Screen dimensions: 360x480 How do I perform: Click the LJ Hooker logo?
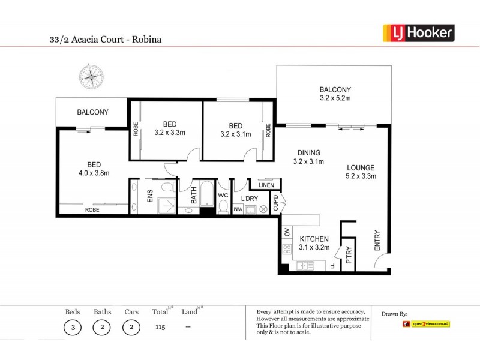418,33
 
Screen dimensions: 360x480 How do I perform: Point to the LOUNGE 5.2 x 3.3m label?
360,172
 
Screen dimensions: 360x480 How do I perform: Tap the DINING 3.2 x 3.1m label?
308,157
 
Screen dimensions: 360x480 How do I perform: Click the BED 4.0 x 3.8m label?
94,170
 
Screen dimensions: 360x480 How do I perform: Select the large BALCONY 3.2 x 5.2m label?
335,94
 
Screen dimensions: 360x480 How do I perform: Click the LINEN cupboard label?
266,185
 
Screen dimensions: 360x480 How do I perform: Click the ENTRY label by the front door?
378,240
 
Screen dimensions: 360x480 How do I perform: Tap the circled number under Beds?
72,328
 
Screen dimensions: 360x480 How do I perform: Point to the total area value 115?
160,328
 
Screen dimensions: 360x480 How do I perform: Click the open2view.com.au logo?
426,324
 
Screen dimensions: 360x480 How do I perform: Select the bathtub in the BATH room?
207,195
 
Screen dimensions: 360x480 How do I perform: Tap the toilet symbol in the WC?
223,207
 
